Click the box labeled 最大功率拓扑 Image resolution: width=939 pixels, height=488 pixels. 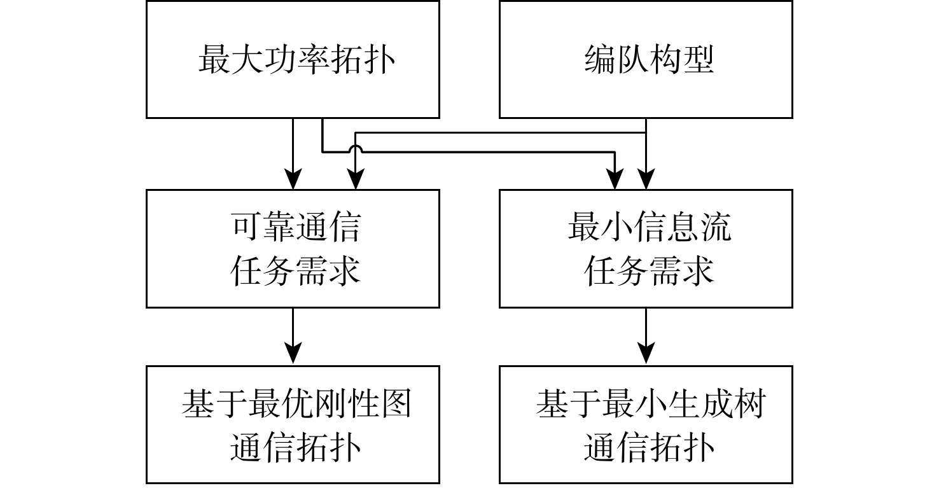pyautogui.click(x=293, y=59)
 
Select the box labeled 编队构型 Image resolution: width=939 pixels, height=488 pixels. pyautogui.click(x=646, y=59)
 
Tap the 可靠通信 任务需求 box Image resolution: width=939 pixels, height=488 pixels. pyautogui.click(x=293, y=249)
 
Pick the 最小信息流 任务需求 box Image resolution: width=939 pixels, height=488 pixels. pyautogui.click(x=646, y=249)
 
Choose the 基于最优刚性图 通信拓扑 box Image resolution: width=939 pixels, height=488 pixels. pyautogui.click(x=293, y=424)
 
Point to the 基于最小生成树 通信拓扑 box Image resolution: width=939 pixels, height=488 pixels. pyautogui.click(x=646, y=424)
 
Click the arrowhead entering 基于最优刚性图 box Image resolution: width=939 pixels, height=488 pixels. pyautogui.click(x=293, y=353)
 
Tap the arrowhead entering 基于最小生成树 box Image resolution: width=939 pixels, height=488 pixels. pyautogui.click(x=646, y=353)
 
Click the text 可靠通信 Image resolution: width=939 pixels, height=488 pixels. pyautogui.click(x=295, y=228)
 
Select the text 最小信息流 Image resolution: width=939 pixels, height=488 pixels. pyautogui.click(x=649, y=228)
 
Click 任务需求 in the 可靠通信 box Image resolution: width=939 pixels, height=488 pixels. pyautogui.click(x=295, y=271)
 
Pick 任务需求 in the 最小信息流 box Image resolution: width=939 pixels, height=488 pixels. pyautogui.click(x=649, y=271)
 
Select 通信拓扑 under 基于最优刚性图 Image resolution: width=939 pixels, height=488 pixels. pyautogui.click(x=295, y=447)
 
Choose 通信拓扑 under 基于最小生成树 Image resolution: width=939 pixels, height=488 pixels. pyautogui.click(x=649, y=447)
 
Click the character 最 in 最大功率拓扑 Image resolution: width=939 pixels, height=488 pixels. pyautogui.click(x=214, y=60)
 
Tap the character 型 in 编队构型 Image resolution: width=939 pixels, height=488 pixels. pyautogui.click(x=697, y=60)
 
